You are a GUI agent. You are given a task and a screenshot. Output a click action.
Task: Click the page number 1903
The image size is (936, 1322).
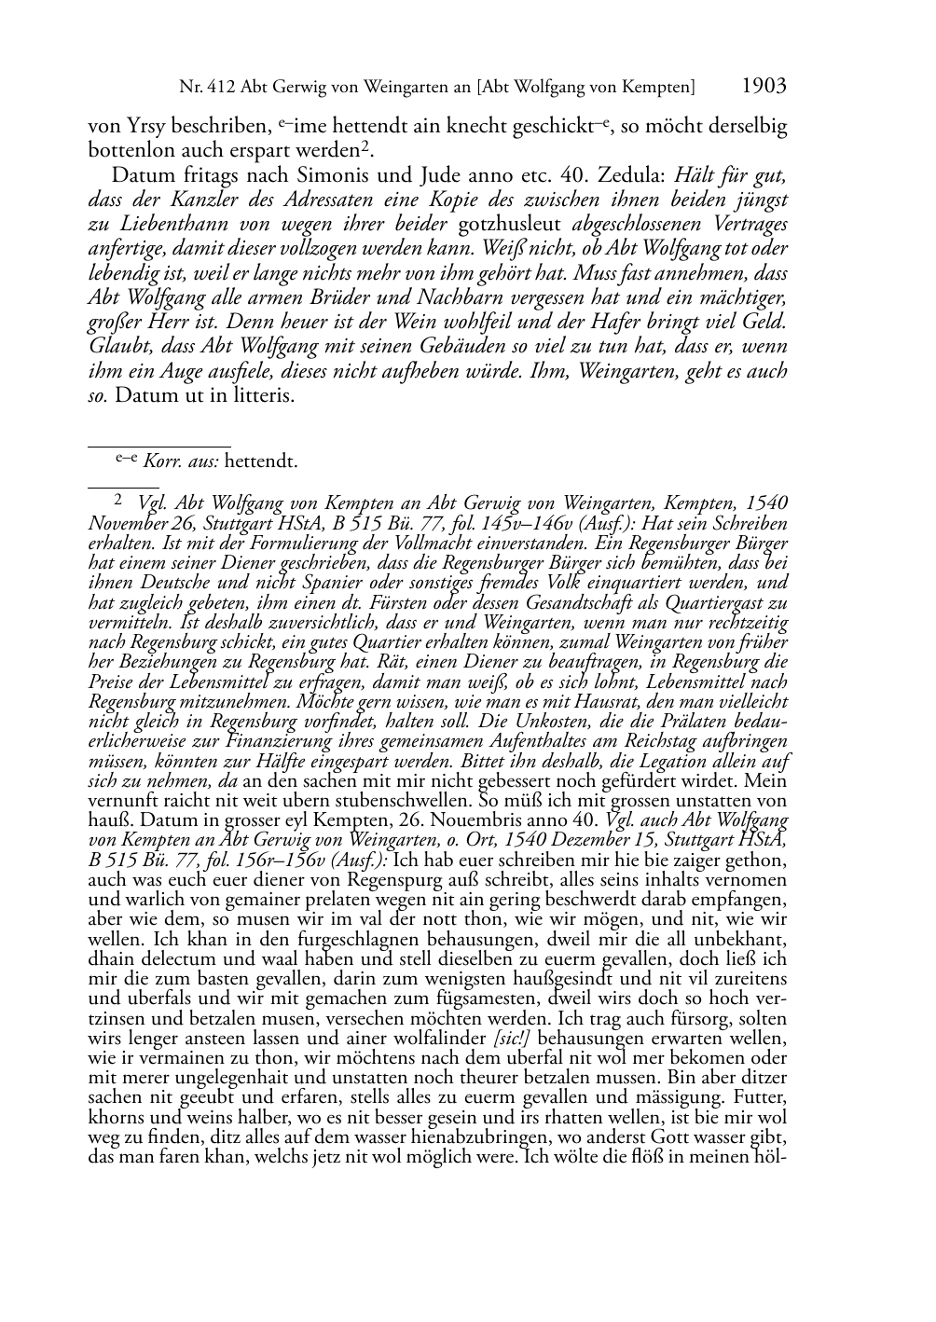coord(764,87)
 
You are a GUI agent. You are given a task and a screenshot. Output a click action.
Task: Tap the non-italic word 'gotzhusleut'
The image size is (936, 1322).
coord(512,224)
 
